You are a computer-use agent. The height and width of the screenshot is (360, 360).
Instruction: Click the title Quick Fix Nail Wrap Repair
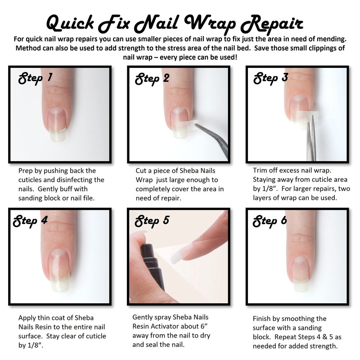click(x=175, y=21)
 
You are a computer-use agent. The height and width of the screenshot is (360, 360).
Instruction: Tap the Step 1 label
click(x=35, y=79)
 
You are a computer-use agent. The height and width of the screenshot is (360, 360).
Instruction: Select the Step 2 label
click(x=152, y=79)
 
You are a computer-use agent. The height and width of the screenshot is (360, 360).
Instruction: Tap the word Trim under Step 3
click(x=261, y=171)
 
